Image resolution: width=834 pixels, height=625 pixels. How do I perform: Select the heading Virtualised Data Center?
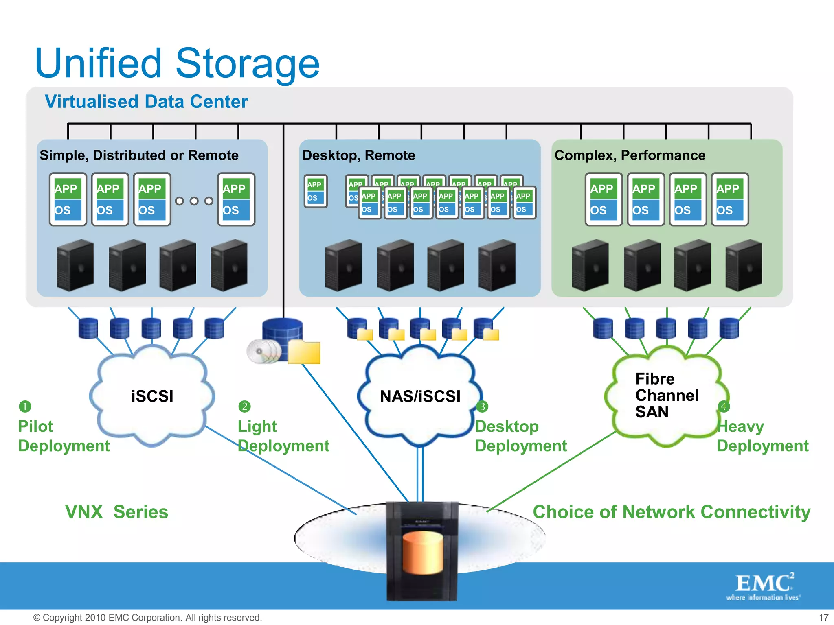[x=146, y=102]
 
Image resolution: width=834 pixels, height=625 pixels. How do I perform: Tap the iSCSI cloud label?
[x=152, y=396]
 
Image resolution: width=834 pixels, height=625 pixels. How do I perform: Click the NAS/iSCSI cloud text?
[x=420, y=396]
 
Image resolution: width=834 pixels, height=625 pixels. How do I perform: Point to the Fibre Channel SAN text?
[x=666, y=395]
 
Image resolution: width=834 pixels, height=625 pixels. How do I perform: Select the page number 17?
[x=823, y=617]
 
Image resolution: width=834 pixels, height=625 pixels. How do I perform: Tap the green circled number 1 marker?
[x=25, y=406]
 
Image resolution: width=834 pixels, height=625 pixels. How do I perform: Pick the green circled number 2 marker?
[x=244, y=406]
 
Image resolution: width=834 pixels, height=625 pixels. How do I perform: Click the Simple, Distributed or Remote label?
[x=139, y=155]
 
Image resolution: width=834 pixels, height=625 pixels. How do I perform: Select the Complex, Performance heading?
[x=630, y=155]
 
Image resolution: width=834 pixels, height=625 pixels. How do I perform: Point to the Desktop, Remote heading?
[x=358, y=155]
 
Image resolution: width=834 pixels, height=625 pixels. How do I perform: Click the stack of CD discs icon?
[x=263, y=351]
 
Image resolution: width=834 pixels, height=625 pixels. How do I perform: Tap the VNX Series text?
[x=116, y=512]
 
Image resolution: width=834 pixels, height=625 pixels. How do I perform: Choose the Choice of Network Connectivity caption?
[x=671, y=512]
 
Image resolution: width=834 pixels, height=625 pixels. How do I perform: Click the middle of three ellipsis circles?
[x=194, y=201]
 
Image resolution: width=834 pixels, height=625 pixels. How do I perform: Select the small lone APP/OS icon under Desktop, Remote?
[x=316, y=191]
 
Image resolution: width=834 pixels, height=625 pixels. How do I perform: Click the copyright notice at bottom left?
[x=147, y=617]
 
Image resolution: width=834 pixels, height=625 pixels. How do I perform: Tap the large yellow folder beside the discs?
[x=304, y=352]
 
